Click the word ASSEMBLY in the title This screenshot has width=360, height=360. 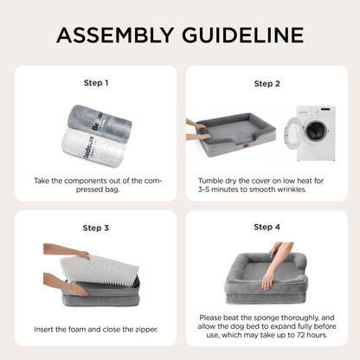[x=115, y=35]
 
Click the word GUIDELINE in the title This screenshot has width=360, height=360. [x=243, y=35]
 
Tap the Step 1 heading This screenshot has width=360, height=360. [x=96, y=83]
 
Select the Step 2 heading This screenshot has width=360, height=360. [x=267, y=84]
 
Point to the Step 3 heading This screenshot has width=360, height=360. [x=96, y=228]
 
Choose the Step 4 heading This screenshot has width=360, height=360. [x=267, y=227]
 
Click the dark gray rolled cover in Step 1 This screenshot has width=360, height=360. [x=100, y=123]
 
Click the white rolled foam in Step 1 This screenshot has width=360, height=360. [x=93, y=148]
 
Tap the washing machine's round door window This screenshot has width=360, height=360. [x=315, y=132]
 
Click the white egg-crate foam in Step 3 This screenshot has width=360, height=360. [x=100, y=271]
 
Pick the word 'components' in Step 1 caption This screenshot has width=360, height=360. [x=82, y=182]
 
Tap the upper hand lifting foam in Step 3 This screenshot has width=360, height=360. [x=67, y=250]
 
